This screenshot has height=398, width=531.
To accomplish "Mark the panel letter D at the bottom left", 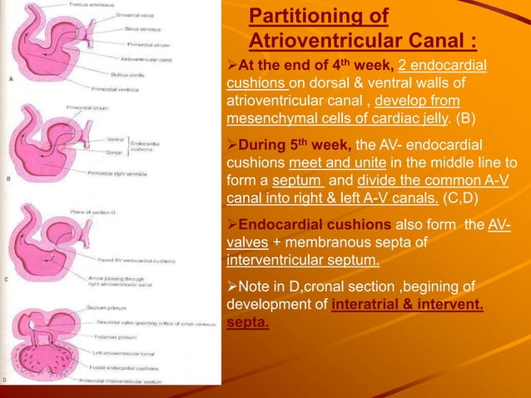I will [6, 380].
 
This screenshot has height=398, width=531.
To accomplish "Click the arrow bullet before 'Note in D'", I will [232, 286].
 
